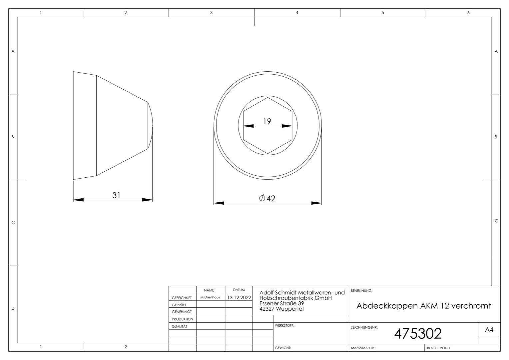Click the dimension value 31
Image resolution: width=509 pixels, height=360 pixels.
[x=116, y=195]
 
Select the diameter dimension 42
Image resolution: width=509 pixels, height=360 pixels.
[x=267, y=199]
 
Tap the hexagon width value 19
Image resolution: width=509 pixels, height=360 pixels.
[x=267, y=121]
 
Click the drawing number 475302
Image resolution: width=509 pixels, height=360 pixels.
[x=418, y=334]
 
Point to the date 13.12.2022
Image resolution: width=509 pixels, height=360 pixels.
[x=239, y=297]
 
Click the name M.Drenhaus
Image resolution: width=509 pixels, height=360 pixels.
[x=210, y=297]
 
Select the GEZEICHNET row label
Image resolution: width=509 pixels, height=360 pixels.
[x=182, y=298]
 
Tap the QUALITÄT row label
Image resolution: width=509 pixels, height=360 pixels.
[x=180, y=326]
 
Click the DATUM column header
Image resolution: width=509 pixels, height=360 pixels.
[x=239, y=290]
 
